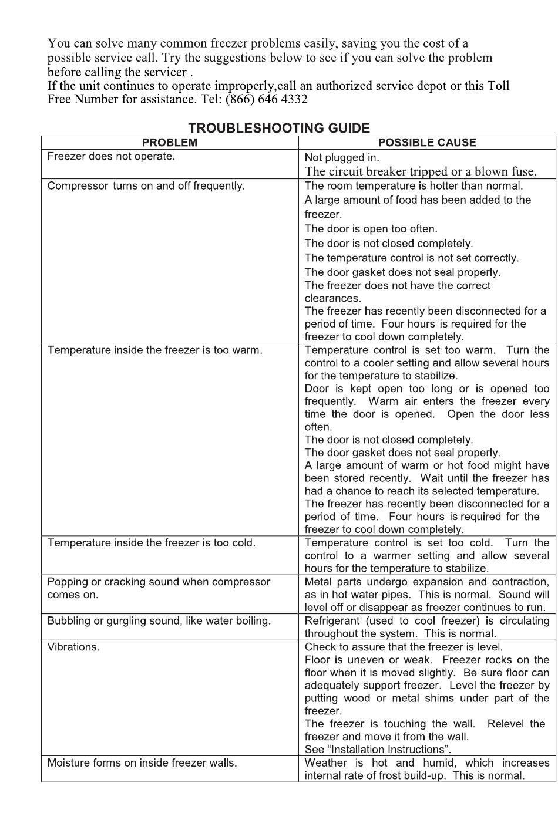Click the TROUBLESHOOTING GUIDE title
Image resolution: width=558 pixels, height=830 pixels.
279,128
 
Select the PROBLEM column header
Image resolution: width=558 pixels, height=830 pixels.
170,143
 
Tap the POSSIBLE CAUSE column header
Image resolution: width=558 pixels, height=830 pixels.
427,143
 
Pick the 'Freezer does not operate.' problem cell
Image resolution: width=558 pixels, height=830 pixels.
111,157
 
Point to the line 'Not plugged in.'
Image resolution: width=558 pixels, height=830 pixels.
342,157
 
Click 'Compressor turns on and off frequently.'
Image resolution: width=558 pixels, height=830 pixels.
146,186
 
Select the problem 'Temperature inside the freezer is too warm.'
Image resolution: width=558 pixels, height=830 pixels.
154,350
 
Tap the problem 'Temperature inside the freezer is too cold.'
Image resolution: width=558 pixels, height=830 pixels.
152,543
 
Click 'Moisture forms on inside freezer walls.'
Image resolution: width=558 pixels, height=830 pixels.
142,763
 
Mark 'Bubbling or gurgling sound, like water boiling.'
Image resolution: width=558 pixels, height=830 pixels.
159,621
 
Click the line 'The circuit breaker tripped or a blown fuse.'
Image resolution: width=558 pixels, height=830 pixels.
421,171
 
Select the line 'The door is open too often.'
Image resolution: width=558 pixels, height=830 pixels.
371,229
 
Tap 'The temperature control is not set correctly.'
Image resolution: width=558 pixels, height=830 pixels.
411,258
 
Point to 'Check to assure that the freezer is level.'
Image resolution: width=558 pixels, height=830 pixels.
404,647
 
